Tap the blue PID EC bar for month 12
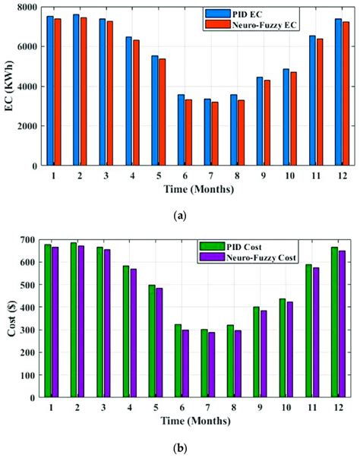(x=338, y=92)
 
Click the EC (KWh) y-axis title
(x=9, y=87)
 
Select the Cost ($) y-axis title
(x=9, y=318)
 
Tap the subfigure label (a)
(x=180, y=216)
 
